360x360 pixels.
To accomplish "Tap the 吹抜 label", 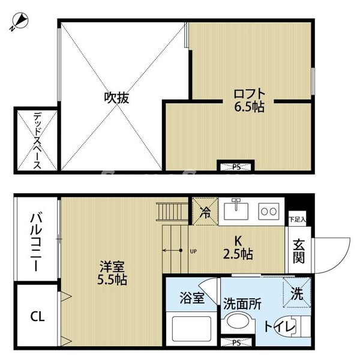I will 116,97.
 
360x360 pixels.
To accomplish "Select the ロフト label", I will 249,94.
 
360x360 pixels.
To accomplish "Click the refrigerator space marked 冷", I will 205,212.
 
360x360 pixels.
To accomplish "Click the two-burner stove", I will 268,211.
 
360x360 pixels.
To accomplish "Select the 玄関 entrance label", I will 298,251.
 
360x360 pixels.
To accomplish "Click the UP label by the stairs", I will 193,251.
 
